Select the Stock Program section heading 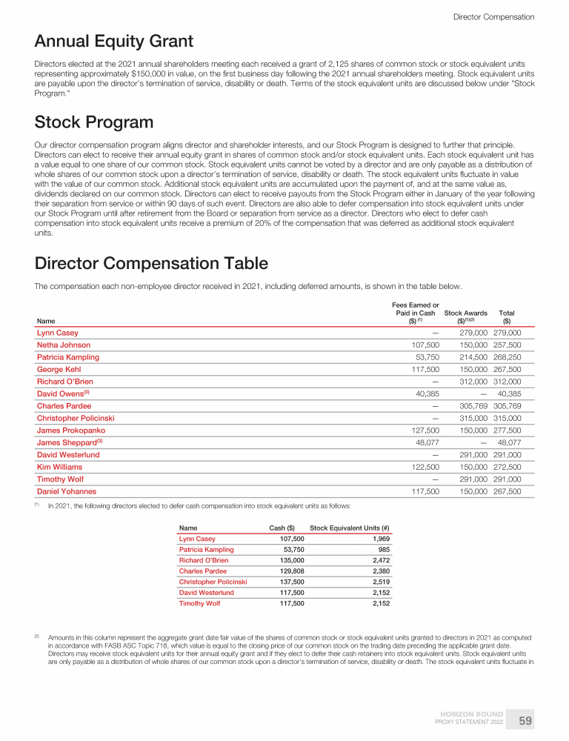(94, 122)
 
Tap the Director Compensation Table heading (151, 263)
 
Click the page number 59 (525, 720)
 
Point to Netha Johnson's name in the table (64, 345)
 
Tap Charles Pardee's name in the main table (64, 406)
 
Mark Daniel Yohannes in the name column (66, 491)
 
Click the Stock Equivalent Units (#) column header (350, 528)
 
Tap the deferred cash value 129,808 (279, 571)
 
